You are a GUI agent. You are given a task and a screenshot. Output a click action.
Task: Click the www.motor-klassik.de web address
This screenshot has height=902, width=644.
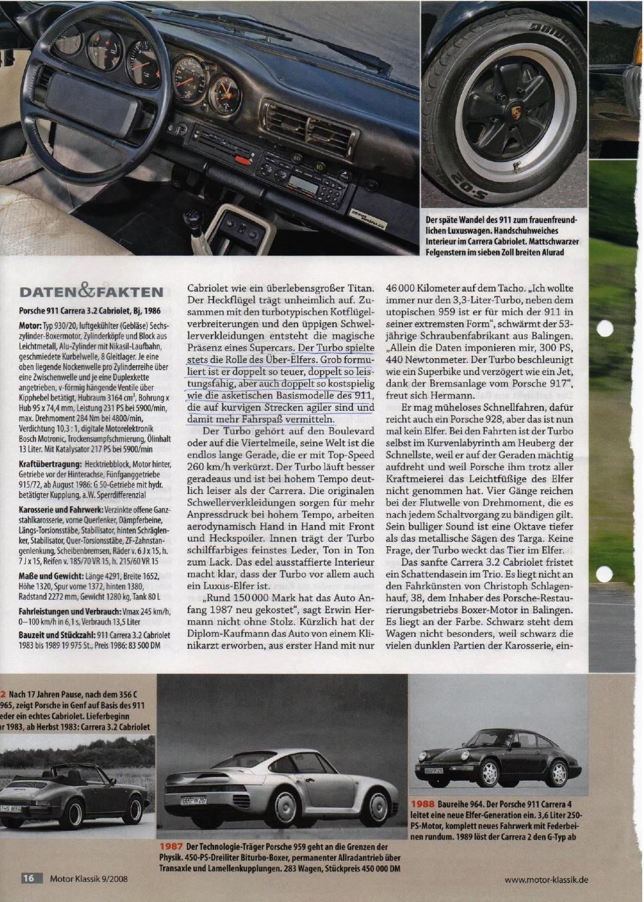click(546, 879)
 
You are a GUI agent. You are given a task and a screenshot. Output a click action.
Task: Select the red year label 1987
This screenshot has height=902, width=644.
click(170, 845)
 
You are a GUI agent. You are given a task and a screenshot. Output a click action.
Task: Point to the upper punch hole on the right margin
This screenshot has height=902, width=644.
click(606, 331)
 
